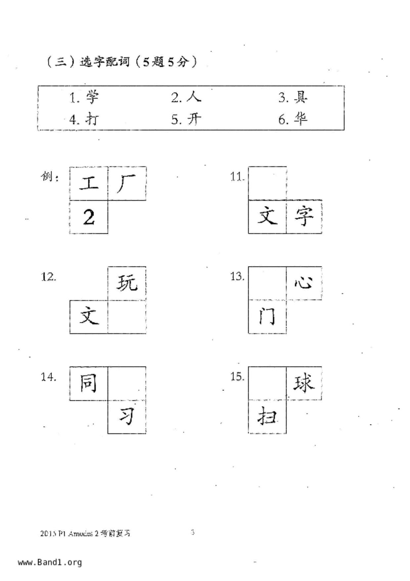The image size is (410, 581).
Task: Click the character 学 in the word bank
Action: point(92,97)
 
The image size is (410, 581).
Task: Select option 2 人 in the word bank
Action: point(194,97)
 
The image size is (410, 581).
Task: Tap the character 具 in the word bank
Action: point(301,97)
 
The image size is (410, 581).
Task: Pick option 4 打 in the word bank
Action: point(92,119)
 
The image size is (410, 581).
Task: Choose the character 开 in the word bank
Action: point(194,119)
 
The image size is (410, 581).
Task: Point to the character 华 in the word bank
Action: point(301,119)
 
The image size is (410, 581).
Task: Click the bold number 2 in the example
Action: point(89,218)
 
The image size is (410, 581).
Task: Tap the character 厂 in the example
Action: point(126,184)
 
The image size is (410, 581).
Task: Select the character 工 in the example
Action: point(89,183)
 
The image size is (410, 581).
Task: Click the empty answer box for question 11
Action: point(267,183)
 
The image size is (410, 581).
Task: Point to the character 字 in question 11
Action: point(303,216)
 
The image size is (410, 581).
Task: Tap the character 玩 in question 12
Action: point(127,283)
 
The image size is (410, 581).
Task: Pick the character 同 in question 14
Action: point(88,383)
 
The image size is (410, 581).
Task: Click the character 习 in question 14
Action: point(127,416)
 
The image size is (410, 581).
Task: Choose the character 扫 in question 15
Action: point(267,416)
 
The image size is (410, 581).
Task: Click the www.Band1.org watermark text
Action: point(50,562)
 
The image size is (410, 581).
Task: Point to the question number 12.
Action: point(48,277)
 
